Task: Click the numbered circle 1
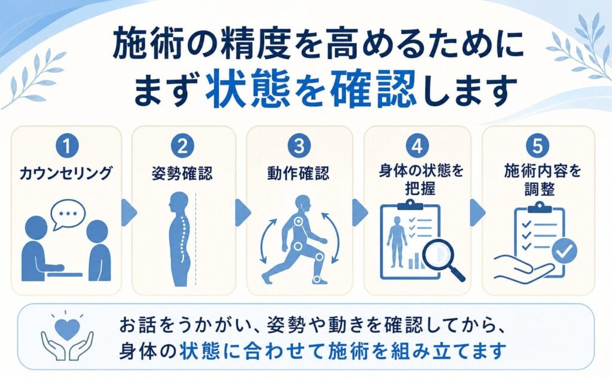[67, 146]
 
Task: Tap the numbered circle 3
[299, 146]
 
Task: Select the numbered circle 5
[537, 146]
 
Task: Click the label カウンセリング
[66, 173]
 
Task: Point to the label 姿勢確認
[183, 173]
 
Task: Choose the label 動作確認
[299, 173]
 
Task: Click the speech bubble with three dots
[68, 214]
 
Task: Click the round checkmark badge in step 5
[564, 251]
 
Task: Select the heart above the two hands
[67, 329]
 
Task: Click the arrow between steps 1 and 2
[129, 213]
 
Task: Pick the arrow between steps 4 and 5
[478, 213]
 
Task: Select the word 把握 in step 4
[420, 189]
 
